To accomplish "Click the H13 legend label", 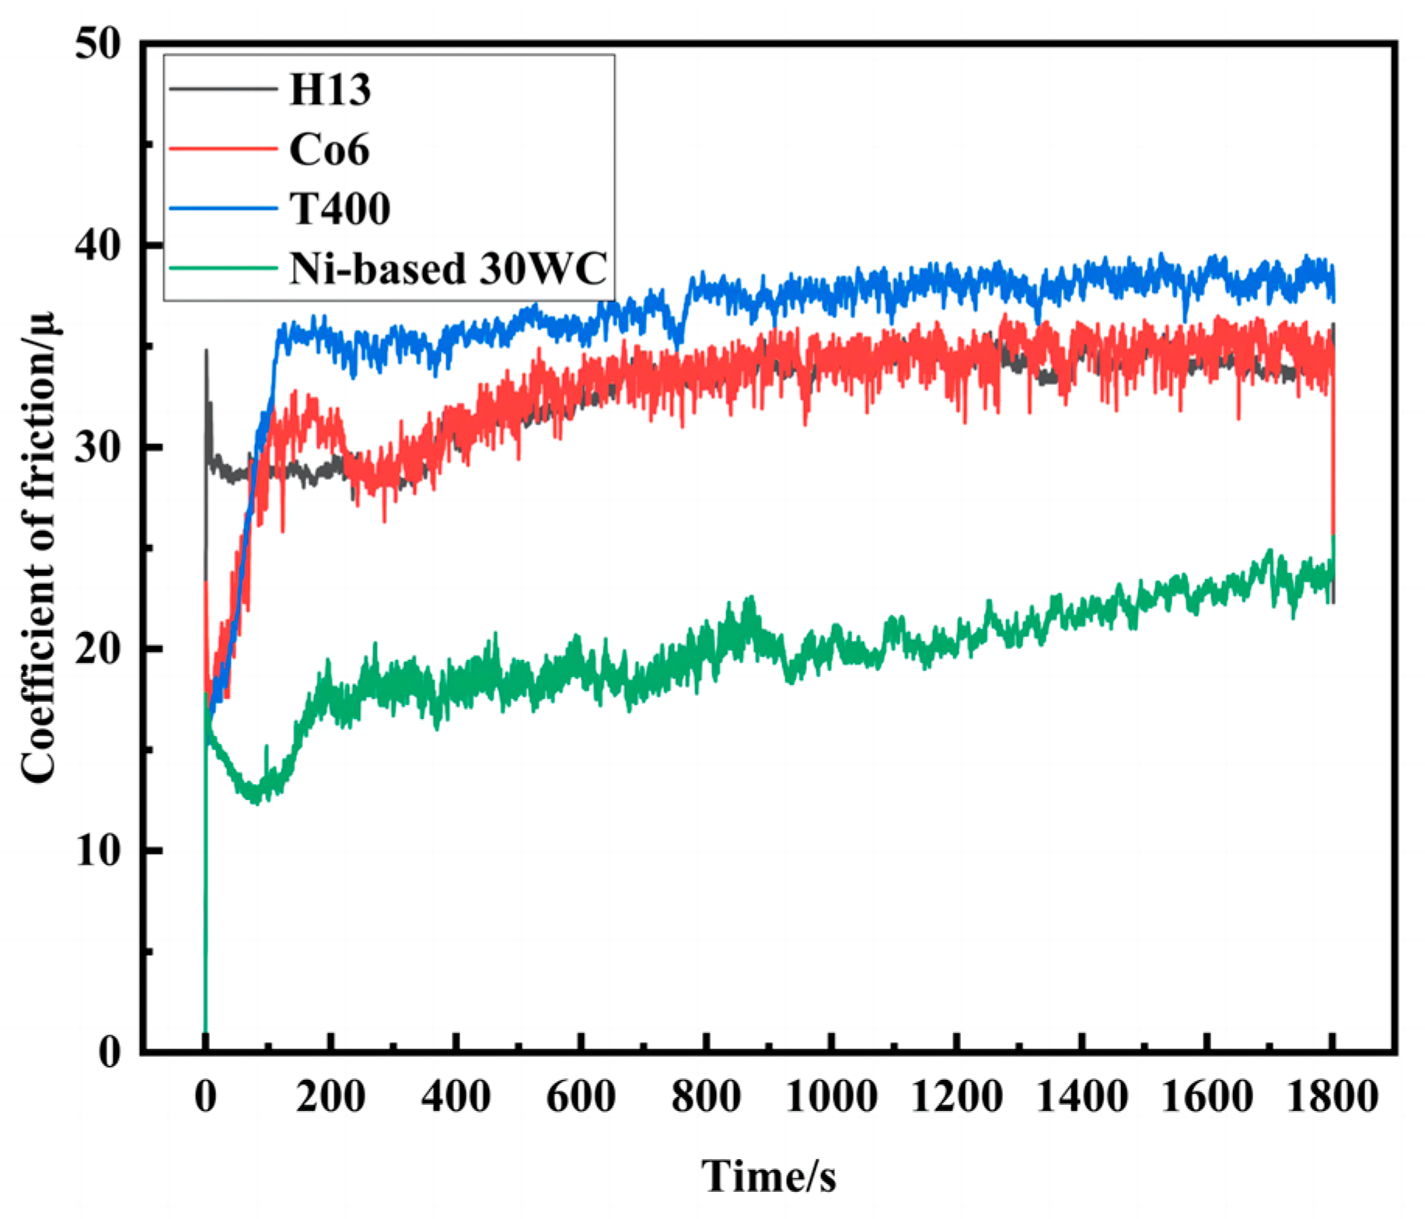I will tap(330, 89).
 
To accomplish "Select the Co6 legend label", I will tap(329, 149).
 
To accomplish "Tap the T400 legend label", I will tap(340, 208).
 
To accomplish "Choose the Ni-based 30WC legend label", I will tap(448, 268).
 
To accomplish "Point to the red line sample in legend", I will tap(223, 148).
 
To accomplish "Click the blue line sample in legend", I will tap(223, 208).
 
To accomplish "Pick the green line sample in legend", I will tap(223, 267).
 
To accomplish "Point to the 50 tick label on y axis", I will tap(99, 44).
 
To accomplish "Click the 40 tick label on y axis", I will tap(99, 246).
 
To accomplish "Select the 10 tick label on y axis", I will tap(99, 851).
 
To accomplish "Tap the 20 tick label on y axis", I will tap(99, 649).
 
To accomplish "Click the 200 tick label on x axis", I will tap(330, 1098).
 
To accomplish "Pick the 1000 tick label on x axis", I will tap(831, 1098).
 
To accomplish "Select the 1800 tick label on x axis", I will tap(1332, 1098).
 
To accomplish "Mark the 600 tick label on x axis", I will tap(581, 1098).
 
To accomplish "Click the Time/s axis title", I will tap(769, 1175).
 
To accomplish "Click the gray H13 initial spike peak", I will tap(206, 351).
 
